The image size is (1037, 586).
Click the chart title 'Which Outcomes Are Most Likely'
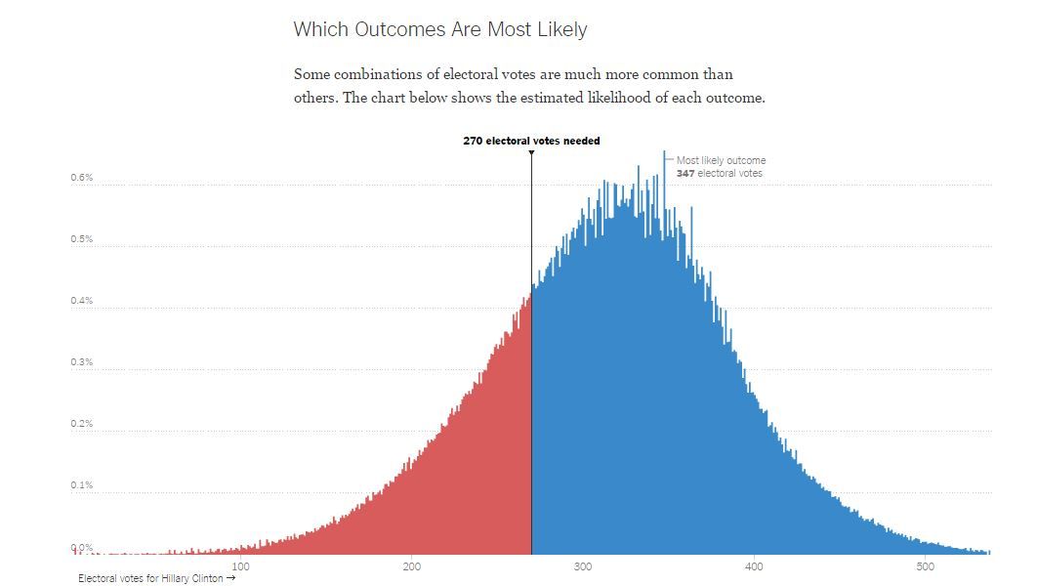pyautogui.click(x=440, y=29)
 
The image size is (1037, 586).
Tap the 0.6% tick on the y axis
pyautogui.click(x=81, y=178)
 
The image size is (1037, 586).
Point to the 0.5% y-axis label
pyautogui.click(x=81, y=239)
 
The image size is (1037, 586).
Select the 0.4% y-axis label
pyautogui.click(x=81, y=301)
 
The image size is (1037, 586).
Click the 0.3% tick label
pyautogui.click(x=81, y=362)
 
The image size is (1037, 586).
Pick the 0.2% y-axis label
pyautogui.click(x=81, y=424)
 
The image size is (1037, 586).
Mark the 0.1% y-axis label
pyautogui.click(x=81, y=485)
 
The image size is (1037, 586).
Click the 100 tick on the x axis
pyautogui.click(x=240, y=566)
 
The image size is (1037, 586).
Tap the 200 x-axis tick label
pyautogui.click(x=411, y=566)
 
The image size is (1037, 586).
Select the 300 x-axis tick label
pyautogui.click(x=583, y=566)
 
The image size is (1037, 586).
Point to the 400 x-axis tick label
pyautogui.click(x=754, y=566)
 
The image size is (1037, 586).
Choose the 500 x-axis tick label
pyautogui.click(x=925, y=566)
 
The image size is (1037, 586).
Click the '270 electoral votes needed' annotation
pyautogui.click(x=531, y=141)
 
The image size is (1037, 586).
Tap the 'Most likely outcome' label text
pyautogui.click(x=721, y=160)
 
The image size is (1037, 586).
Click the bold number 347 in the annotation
pyautogui.click(x=684, y=174)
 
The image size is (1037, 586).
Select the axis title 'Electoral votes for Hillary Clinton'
pyautogui.click(x=150, y=578)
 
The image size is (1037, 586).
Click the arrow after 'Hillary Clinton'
pyautogui.click(x=230, y=578)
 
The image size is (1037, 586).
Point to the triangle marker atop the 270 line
pyautogui.click(x=531, y=152)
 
